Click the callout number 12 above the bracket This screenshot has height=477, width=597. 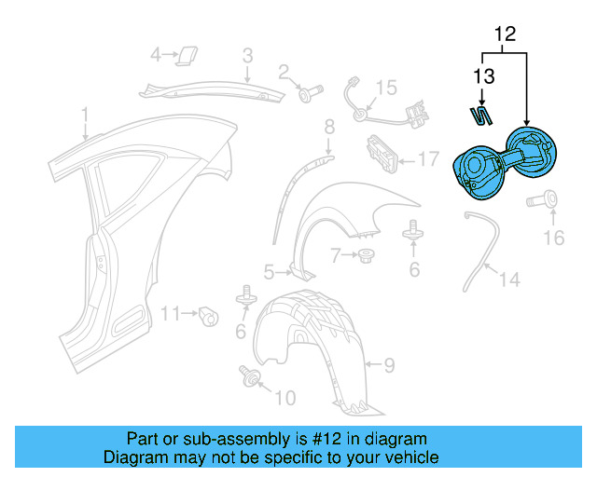point(505,35)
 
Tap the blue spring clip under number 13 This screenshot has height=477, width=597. point(480,116)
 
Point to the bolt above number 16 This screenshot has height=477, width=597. point(544,198)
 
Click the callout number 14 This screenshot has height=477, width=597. point(510,279)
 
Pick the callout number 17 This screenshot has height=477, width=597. point(426,159)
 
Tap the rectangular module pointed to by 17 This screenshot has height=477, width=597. point(382,152)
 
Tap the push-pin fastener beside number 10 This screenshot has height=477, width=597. point(250,375)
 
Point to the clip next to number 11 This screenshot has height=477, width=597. point(210,316)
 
